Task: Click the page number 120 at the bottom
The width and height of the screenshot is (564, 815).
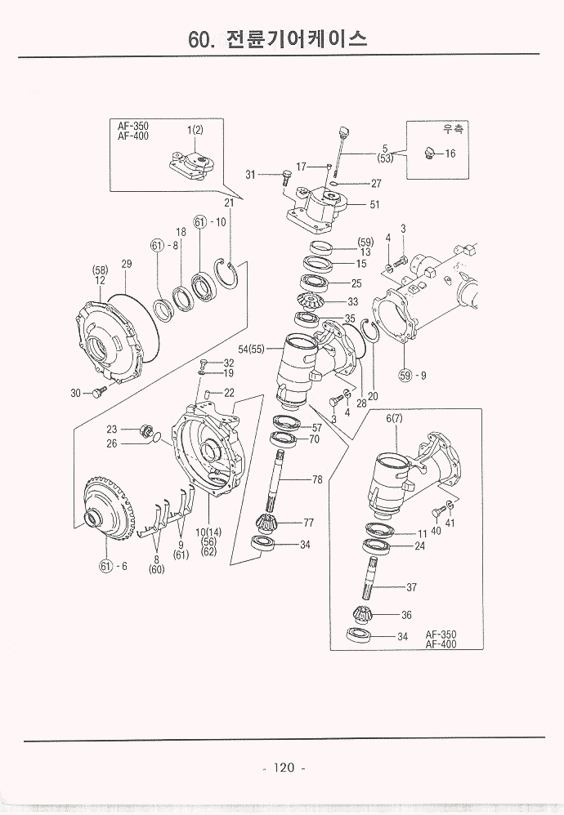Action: [284, 767]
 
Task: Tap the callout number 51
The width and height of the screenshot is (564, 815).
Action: [374, 205]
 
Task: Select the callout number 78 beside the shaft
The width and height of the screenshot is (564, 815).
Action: [317, 480]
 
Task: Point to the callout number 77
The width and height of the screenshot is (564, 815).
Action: [309, 522]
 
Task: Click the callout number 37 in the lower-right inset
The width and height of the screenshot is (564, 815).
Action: [412, 586]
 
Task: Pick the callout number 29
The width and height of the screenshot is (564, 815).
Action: [127, 263]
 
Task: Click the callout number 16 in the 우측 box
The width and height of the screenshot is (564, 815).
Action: [450, 154]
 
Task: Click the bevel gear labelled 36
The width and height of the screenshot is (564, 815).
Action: [364, 614]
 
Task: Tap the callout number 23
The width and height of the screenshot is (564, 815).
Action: [112, 428]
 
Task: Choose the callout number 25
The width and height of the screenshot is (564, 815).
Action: [356, 283]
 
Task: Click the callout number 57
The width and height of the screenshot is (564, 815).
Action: [317, 428]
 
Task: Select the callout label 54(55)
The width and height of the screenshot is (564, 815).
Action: [252, 349]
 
